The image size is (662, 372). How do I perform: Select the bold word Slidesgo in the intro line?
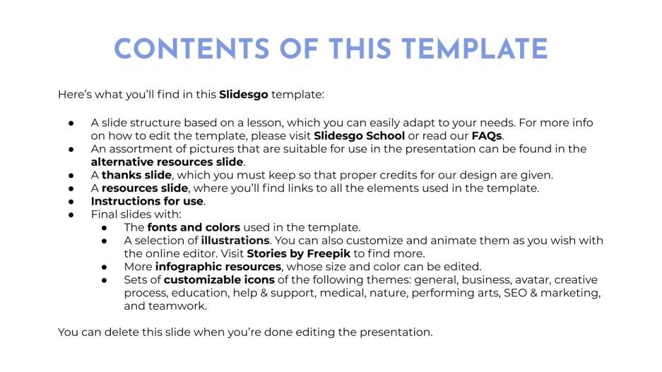pyautogui.click(x=244, y=94)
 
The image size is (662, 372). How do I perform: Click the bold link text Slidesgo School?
pyautogui.click(x=360, y=136)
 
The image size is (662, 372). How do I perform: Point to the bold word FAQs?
pyautogui.click(x=487, y=136)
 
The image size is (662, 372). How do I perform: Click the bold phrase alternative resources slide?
pyautogui.click(x=167, y=162)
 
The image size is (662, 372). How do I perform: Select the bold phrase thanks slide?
pyautogui.click(x=136, y=175)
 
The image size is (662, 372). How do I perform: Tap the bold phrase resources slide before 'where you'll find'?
pyautogui.click(x=145, y=188)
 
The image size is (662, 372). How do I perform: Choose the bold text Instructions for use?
pyautogui.click(x=147, y=201)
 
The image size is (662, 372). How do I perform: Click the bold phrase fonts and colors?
pyautogui.click(x=194, y=227)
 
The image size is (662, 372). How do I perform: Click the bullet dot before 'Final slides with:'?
pyautogui.click(x=71, y=215)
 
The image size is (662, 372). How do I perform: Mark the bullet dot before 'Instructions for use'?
pyautogui.click(x=71, y=201)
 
